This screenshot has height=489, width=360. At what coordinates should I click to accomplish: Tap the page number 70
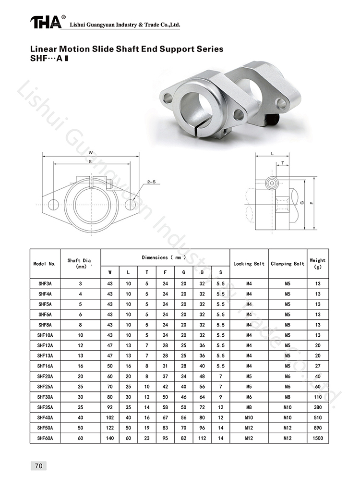point(39,466)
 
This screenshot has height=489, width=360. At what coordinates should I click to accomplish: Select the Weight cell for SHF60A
point(318,438)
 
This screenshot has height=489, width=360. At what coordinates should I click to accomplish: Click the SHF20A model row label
point(45,377)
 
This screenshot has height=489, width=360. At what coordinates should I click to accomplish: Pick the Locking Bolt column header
point(249,264)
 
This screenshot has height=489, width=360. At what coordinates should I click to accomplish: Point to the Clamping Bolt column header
point(288,264)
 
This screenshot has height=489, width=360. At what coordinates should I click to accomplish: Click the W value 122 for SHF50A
point(110,428)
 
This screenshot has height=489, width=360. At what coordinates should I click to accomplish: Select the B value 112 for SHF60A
point(202,438)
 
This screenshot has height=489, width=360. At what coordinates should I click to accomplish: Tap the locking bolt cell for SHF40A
point(249,417)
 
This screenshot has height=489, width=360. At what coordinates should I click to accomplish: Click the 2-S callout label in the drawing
point(152,182)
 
